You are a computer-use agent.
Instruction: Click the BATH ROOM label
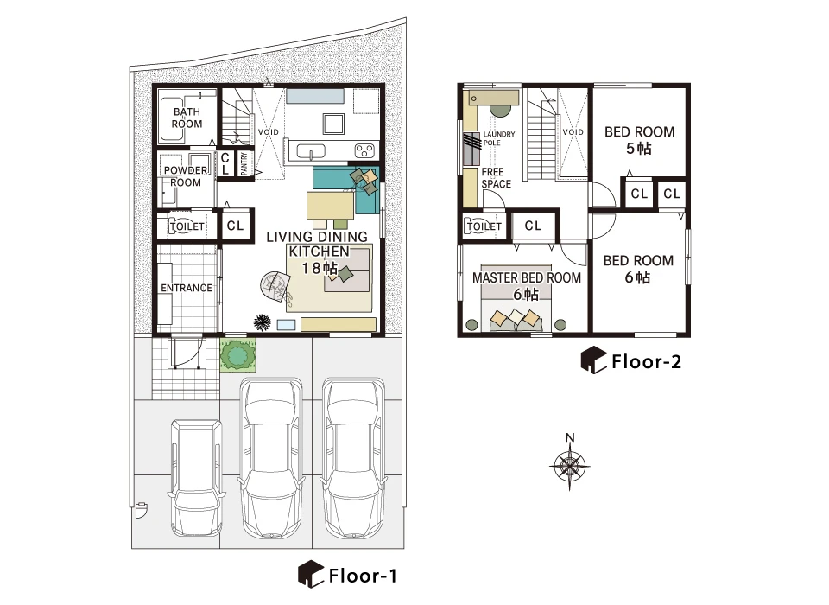point(187,118)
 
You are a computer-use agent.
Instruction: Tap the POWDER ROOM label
point(186,176)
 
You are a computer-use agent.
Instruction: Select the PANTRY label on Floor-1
point(244,163)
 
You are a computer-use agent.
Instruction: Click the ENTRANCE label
point(187,288)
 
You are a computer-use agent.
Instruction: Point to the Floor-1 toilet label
point(187,226)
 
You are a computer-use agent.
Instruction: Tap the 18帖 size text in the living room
point(320,268)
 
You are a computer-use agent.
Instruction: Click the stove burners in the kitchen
point(364,151)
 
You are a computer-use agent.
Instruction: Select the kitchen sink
point(311,152)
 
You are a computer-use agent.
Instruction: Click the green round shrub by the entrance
point(238,353)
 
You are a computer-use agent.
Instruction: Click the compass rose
point(569,467)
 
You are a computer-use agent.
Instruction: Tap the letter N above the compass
point(569,437)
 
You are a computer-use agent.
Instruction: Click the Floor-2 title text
point(646,362)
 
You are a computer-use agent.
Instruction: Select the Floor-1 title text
point(363,576)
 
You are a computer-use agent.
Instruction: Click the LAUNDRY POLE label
point(498,138)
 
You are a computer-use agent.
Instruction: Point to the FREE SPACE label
point(496,178)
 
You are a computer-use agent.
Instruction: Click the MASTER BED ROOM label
point(527,278)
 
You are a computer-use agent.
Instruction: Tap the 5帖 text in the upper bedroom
point(639,148)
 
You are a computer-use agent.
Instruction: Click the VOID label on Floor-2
point(573,131)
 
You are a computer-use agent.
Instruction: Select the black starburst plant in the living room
point(263,322)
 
